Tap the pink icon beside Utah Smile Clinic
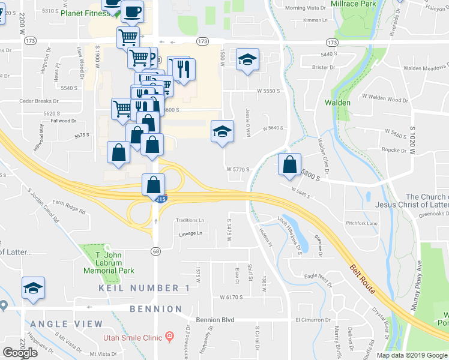point(169,337)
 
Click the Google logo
point(20,352)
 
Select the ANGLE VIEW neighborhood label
point(67,324)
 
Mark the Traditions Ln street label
point(190,220)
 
